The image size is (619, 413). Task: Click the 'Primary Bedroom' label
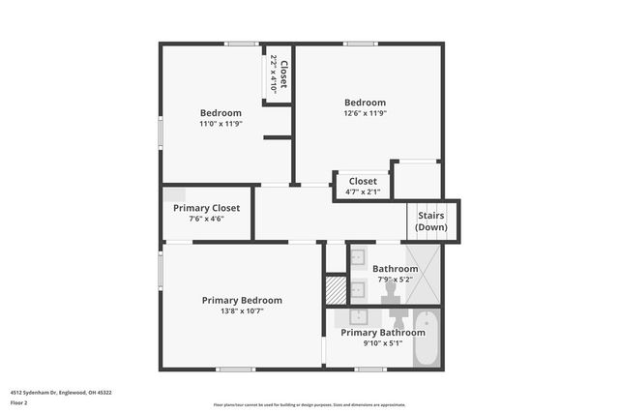point(242,300)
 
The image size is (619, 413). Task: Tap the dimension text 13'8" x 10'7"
point(242,311)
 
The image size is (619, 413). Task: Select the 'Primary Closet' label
point(207,208)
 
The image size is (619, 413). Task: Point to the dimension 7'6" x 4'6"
point(207,220)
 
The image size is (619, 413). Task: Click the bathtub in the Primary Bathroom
point(426,339)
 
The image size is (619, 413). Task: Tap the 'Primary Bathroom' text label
point(382,333)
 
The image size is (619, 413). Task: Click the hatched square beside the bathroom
point(336,288)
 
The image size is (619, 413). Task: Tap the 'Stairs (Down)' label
point(431,221)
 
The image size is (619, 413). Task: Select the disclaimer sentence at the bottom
point(309,404)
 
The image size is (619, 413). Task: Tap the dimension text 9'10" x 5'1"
point(382,343)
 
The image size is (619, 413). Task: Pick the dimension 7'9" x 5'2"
point(396,279)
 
